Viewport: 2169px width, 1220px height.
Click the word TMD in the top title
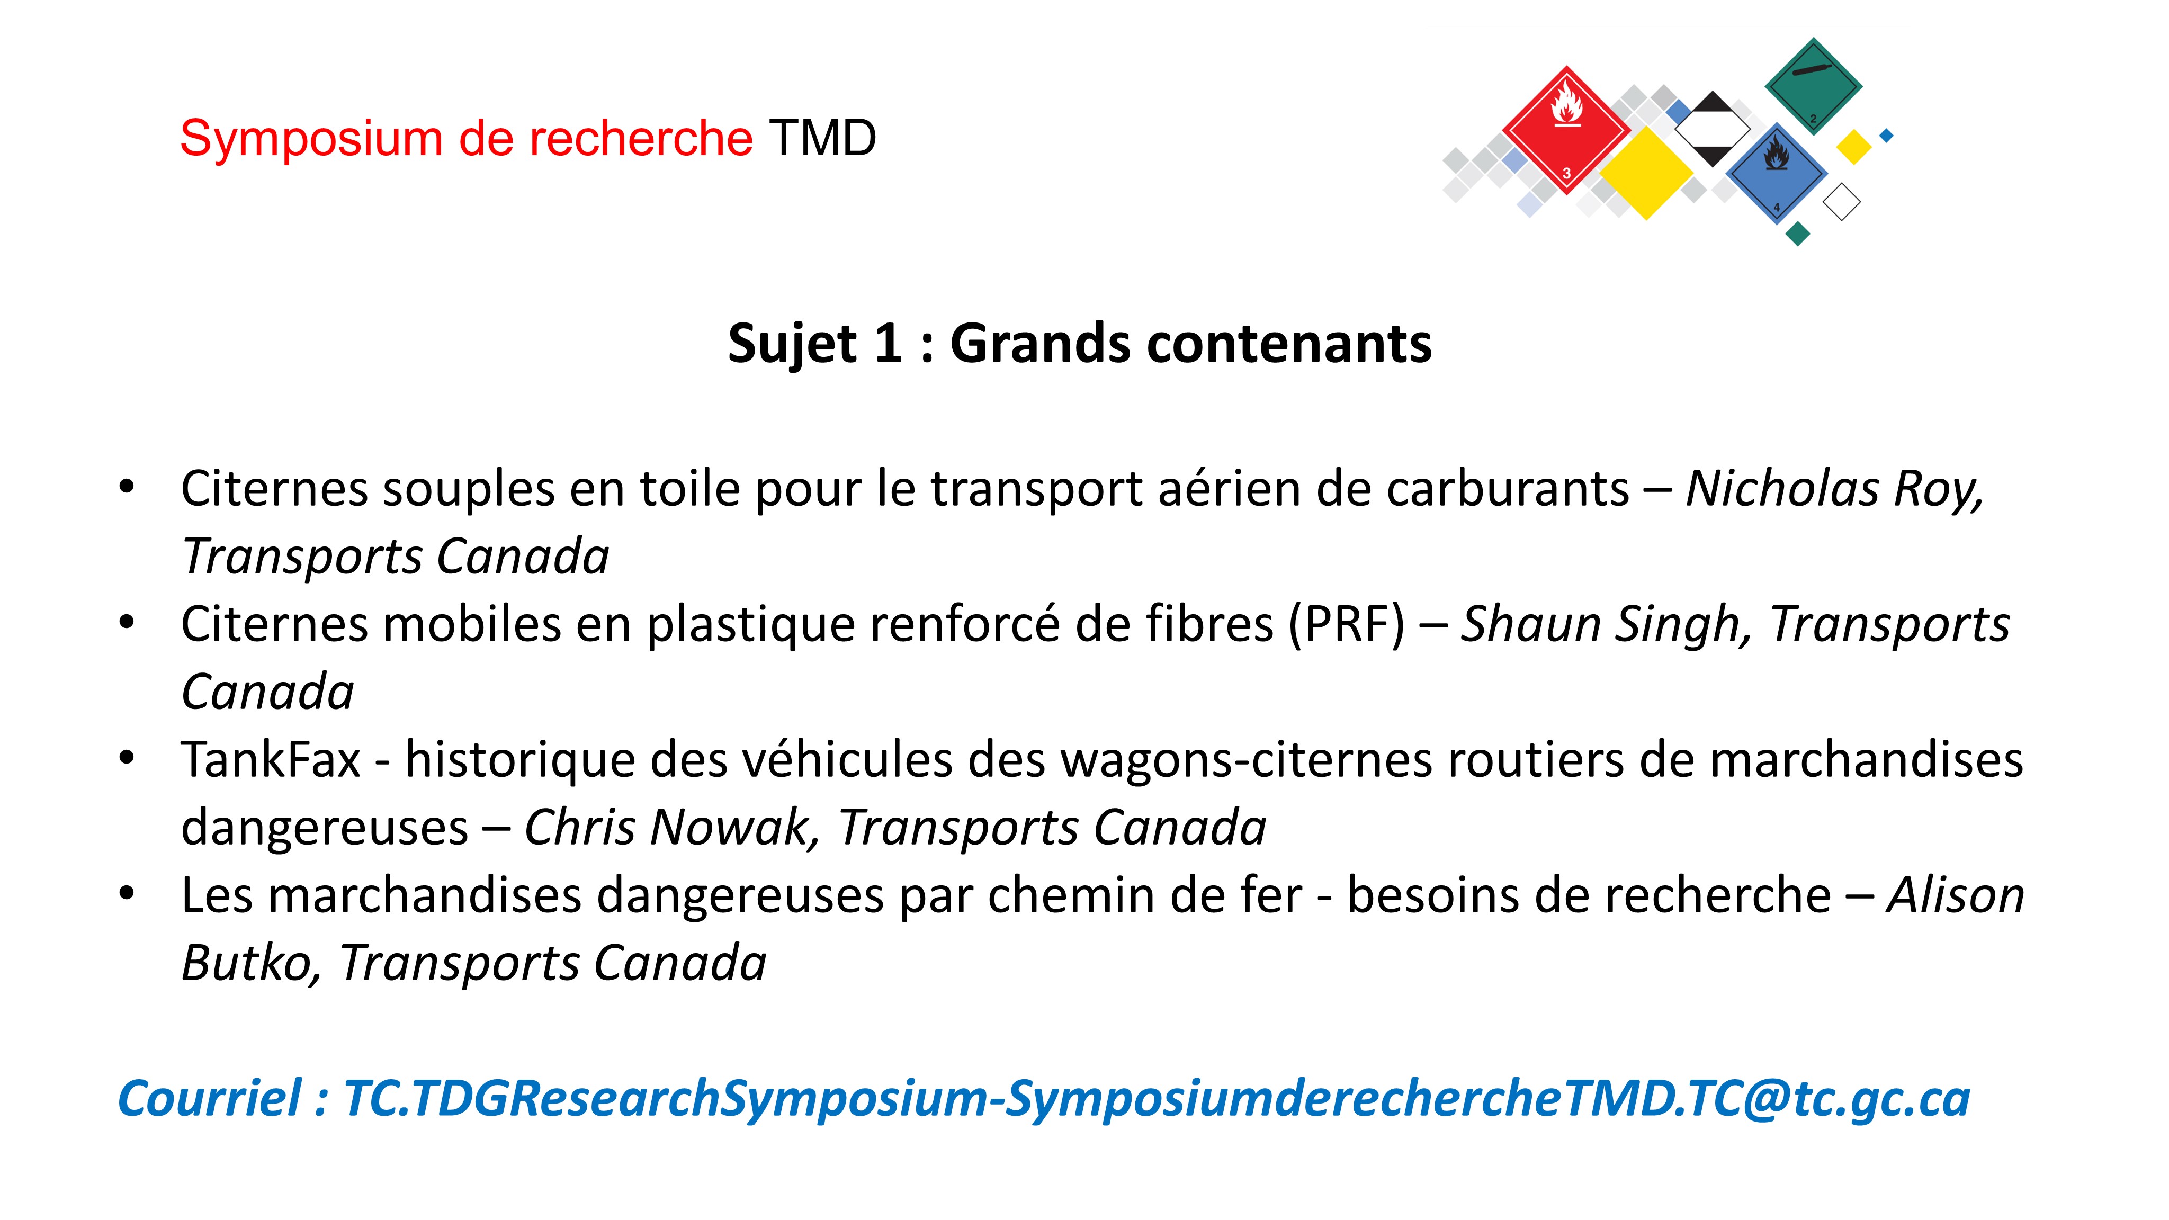coord(822,138)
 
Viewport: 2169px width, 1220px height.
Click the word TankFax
coord(271,759)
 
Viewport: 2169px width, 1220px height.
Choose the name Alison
coord(1955,895)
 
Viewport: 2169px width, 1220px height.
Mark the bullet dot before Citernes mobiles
coord(127,623)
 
